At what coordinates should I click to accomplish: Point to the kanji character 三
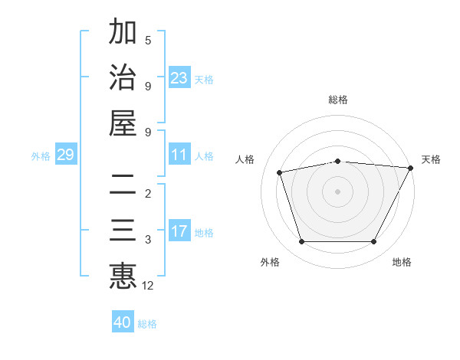[x=123, y=231]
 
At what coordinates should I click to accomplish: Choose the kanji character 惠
[x=123, y=277]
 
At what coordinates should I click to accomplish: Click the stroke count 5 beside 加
[x=148, y=40]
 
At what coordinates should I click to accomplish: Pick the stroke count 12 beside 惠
[x=149, y=286]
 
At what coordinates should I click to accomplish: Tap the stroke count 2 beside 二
[x=148, y=194]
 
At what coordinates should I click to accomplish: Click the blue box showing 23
[x=179, y=78]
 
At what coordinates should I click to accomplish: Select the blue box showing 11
[x=179, y=155]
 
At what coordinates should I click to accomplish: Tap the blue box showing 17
[x=179, y=231]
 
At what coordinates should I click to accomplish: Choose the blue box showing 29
[x=65, y=155]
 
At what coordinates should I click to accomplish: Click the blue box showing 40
[x=123, y=322]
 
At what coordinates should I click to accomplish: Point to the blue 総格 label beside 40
[x=147, y=324]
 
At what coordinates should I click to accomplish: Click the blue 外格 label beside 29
[x=41, y=156]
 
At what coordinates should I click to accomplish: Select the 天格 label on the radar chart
[x=431, y=159]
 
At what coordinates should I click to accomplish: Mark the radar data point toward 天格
[x=411, y=168]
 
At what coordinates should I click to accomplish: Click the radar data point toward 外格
[x=301, y=242]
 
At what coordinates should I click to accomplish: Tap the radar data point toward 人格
[x=280, y=172]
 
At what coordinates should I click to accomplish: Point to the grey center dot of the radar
[x=337, y=191]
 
